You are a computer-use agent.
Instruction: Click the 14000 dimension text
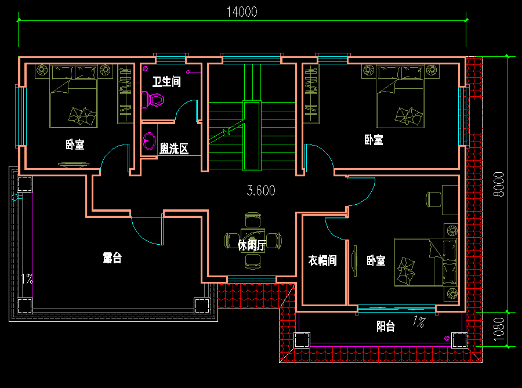pyautogui.click(x=241, y=12)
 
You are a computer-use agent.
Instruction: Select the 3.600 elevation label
pyautogui.click(x=261, y=190)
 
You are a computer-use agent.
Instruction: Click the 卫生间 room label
pyautogui.click(x=166, y=82)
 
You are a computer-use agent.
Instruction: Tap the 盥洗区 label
pyautogui.click(x=174, y=148)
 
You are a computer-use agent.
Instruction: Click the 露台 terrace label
pyautogui.click(x=112, y=258)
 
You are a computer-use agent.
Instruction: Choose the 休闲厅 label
pyautogui.click(x=252, y=245)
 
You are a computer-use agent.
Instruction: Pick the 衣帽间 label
pyautogui.click(x=322, y=261)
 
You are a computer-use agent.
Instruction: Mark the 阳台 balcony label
pyautogui.click(x=386, y=327)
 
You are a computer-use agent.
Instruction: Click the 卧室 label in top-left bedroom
pyautogui.click(x=75, y=144)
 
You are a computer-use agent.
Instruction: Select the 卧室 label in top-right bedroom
pyautogui.click(x=374, y=140)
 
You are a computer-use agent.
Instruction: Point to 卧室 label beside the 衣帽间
pyautogui.click(x=376, y=261)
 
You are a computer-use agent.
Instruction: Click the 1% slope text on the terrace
pyautogui.click(x=27, y=278)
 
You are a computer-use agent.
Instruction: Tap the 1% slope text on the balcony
pyautogui.click(x=418, y=320)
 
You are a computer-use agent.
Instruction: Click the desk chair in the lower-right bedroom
pyautogui.click(x=433, y=199)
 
